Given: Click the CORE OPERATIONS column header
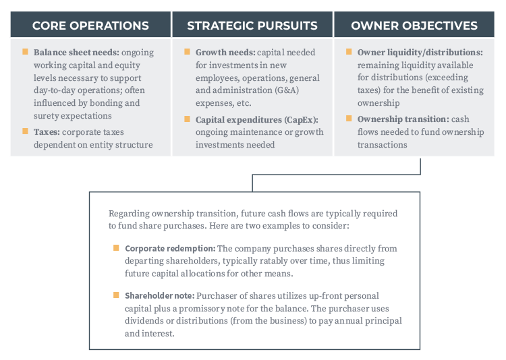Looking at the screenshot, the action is pyautogui.click(x=90, y=26).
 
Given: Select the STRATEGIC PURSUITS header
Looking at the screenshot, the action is pyautogui.click(x=252, y=26).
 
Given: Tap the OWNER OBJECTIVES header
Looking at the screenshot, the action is pyautogui.click(x=414, y=26).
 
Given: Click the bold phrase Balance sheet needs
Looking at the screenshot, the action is pyautogui.click(x=76, y=53).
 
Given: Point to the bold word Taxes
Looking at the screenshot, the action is pyautogui.click(x=47, y=132).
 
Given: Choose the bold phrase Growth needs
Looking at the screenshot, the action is pyautogui.click(x=225, y=53).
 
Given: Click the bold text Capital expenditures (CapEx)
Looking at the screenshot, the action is pyautogui.click(x=257, y=120).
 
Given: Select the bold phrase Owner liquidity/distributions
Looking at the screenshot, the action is pyautogui.click(x=420, y=53).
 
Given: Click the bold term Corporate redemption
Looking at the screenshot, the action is pyautogui.click(x=170, y=248).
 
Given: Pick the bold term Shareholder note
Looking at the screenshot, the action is pyautogui.click(x=160, y=296).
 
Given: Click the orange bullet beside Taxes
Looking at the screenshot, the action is pyautogui.click(x=25, y=131).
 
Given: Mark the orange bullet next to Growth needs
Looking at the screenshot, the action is pyautogui.click(x=187, y=52).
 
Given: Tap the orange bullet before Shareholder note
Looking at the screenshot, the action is pyautogui.click(x=116, y=295).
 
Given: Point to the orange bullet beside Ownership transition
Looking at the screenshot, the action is pyautogui.click(x=349, y=119).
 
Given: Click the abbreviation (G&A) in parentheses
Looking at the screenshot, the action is pyautogui.click(x=287, y=90).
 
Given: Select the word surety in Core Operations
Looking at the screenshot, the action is pyautogui.click(x=46, y=116).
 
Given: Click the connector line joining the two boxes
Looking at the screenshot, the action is pyautogui.click(x=336, y=175).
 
